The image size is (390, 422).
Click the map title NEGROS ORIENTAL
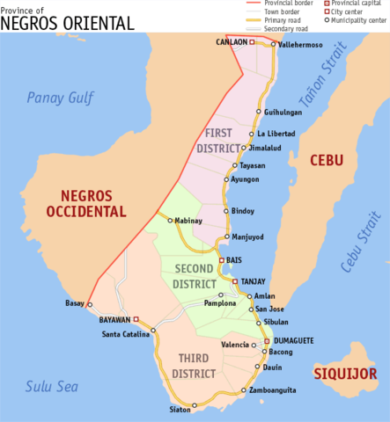pyautogui.click(x=68, y=22)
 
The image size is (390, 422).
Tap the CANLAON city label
pyautogui.click(x=231, y=41)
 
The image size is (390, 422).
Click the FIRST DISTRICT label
pyautogui.click(x=217, y=140)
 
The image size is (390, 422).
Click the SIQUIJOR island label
pyautogui.click(x=346, y=374)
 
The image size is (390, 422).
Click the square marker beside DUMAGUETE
pyautogui.click(x=267, y=340)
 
